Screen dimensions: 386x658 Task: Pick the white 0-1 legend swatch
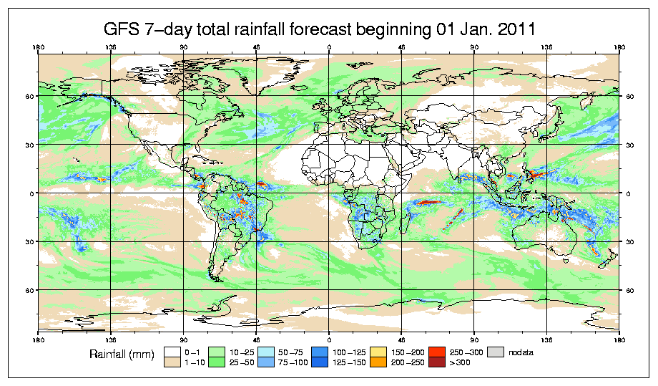tap(172, 352)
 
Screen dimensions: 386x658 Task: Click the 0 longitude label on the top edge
tap(329, 48)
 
